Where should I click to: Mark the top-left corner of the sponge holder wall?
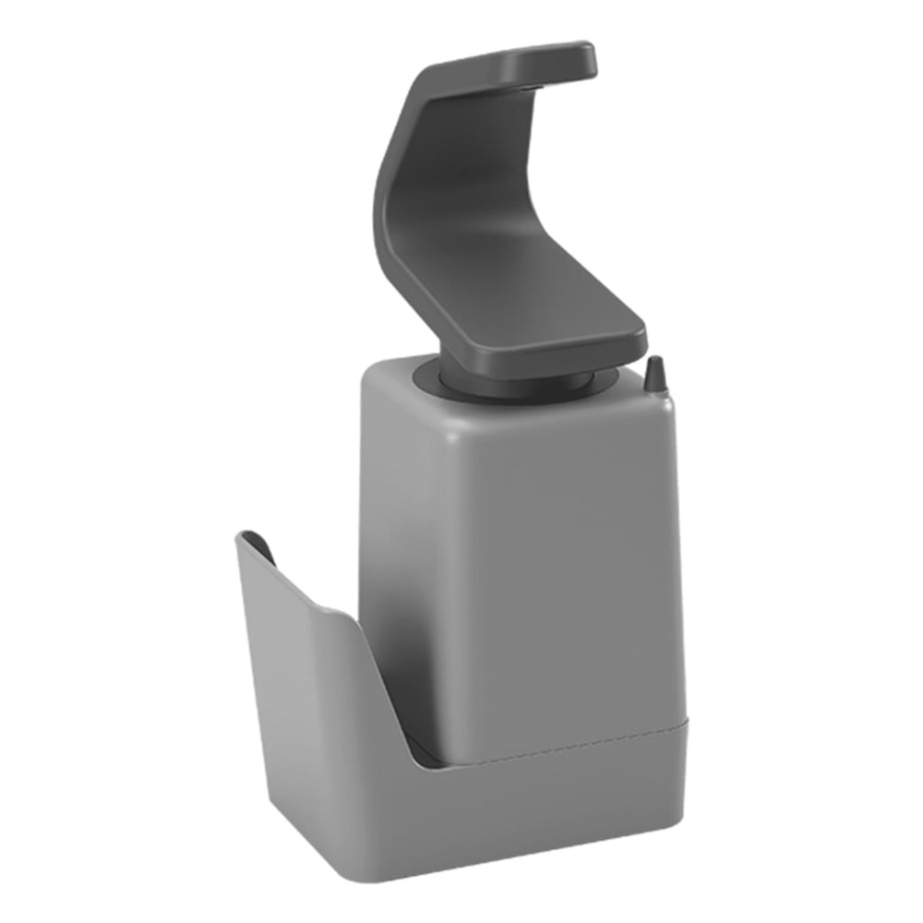click(242, 535)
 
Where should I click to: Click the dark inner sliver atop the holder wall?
click(258, 546)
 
